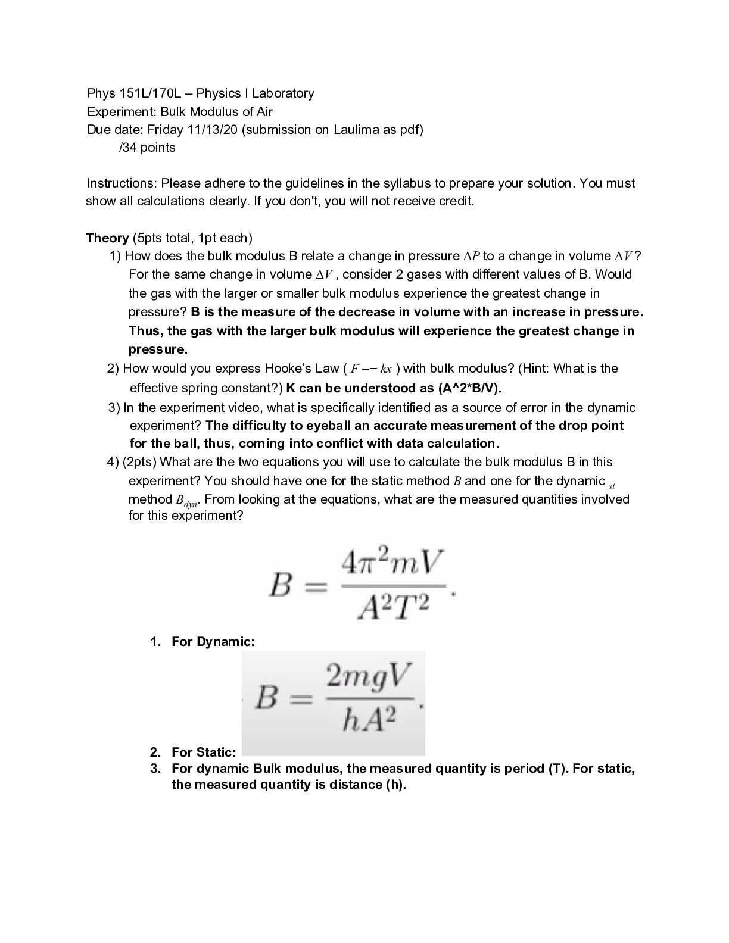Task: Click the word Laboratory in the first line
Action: (x=283, y=93)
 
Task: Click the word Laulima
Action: (x=354, y=130)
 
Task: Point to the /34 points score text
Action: (x=147, y=148)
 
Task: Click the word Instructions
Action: (x=122, y=183)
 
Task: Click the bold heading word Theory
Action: (x=107, y=238)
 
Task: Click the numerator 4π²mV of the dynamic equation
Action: (x=393, y=561)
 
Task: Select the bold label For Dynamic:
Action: (x=213, y=642)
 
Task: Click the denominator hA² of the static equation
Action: (x=369, y=722)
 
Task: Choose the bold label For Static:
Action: (x=203, y=752)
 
